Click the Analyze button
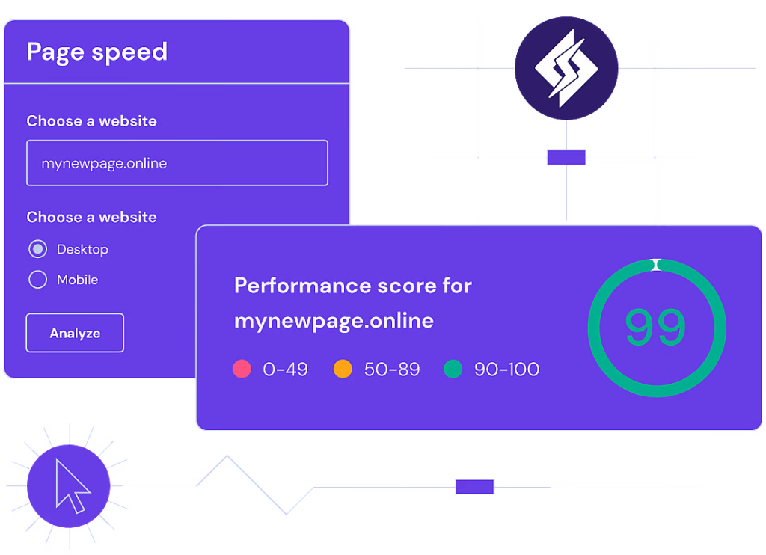click(x=75, y=333)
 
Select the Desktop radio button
click(x=37, y=249)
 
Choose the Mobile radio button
click(x=37, y=280)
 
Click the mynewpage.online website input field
click(x=177, y=163)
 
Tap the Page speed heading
click(x=97, y=52)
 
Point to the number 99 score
click(x=655, y=328)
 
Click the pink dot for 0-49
click(x=242, y=369)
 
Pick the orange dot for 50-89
click(x=343, y=369)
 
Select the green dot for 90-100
click(x=453, y=369)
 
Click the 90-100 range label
click(x=506, y=369)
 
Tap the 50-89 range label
click(x=392, y=369)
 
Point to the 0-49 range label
click(x=285, y=369)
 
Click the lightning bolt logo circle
click(x=566, y=67)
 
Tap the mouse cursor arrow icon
click(x=72, y=485)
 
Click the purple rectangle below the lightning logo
click(x=566, y=157)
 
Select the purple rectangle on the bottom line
click(x=475, y=487)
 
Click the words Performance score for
click(x=353, y=286)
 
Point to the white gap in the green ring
click(x=656, y=264)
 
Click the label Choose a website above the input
click(x=91, y=121)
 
